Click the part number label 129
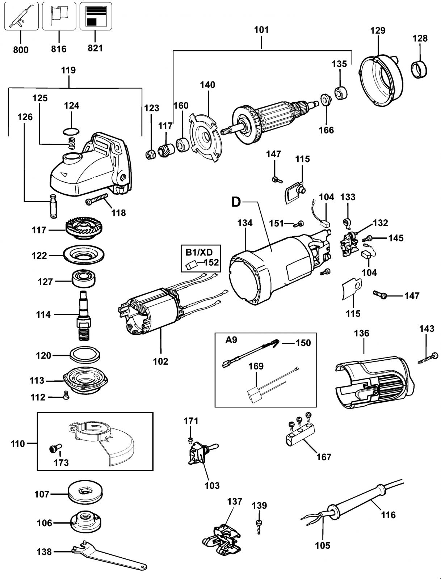click(378, 30)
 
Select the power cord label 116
click(388, 514)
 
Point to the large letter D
click(236, 202)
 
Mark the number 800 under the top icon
click(21, 50)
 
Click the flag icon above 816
click(59, 16)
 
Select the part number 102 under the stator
click(160, 361)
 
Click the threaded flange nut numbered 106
click(86, 523)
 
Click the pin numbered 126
click(53, 206)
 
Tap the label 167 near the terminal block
click(324, 457)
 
